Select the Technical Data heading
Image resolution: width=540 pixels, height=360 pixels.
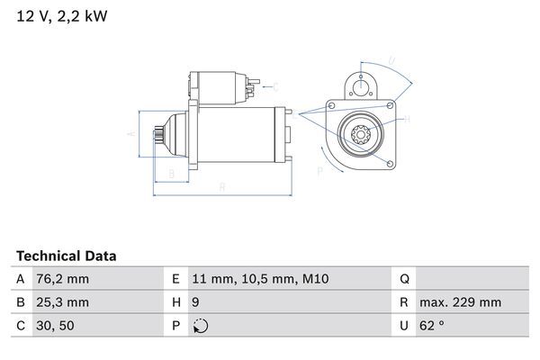(66, 256)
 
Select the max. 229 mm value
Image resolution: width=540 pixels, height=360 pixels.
(463, 302)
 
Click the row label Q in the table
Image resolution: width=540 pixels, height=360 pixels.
(403, 280)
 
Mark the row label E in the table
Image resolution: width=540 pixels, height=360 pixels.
(176, 280)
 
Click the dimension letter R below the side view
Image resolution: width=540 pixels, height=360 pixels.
(221, 187)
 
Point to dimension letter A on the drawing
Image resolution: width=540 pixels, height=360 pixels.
(131, 133)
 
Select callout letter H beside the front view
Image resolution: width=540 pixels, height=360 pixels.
(407, 119)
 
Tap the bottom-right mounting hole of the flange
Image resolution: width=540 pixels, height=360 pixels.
(390, 164)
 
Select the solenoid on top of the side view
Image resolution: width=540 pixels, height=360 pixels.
(220, 88)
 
